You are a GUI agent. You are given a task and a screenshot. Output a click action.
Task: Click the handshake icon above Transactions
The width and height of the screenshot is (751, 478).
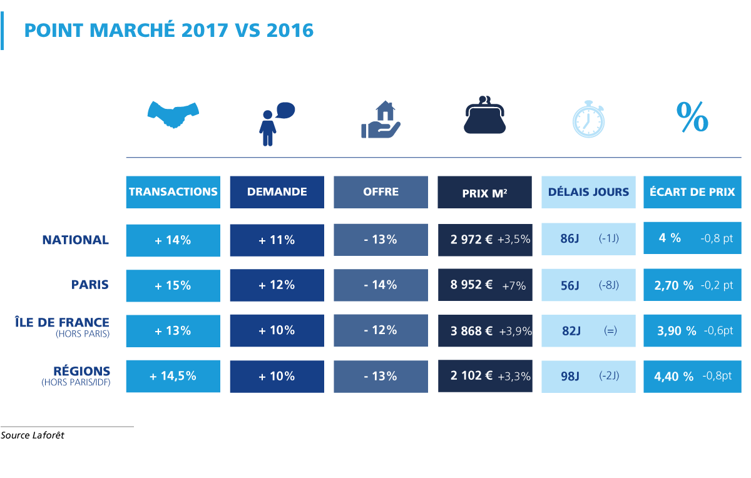coord(173,114)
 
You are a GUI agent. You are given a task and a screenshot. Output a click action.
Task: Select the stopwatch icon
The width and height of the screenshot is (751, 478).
coord(589,119)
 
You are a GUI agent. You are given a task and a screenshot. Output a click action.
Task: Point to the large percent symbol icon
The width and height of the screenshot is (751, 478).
coord(692,116)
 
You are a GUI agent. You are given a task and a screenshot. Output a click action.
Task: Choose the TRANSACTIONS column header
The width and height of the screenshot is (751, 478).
coord(173,191)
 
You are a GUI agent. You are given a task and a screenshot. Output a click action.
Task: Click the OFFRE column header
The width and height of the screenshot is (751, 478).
coord(381,191)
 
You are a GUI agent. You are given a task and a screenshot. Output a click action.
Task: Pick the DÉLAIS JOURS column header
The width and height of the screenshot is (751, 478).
coord(588,191)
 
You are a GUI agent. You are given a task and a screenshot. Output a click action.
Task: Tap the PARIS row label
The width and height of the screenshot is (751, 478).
coord(90,285)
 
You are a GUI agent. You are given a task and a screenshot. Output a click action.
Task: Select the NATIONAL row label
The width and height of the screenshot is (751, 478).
coord(76,240)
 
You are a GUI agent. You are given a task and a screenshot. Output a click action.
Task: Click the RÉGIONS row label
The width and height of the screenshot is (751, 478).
coord(82,371)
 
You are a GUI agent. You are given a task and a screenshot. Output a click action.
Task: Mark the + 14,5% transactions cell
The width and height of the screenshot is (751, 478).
coord(173,376)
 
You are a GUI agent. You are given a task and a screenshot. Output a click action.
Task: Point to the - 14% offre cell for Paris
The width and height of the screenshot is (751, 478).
coord(381,285)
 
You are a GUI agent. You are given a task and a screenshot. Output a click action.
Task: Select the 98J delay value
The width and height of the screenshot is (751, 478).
coord(571,376)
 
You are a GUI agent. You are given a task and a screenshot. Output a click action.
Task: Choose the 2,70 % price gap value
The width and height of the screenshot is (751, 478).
coord(673,285)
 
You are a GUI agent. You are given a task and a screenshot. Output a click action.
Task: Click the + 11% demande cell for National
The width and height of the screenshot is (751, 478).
coord(277,240)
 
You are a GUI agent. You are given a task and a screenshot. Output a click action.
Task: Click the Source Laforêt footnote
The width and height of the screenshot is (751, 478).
coord(33,435)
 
